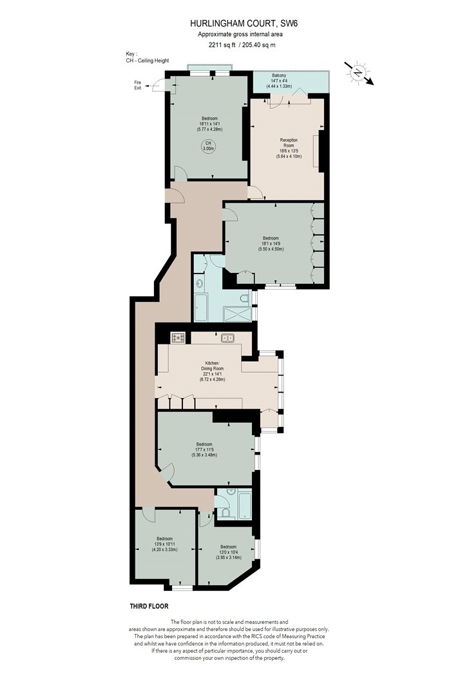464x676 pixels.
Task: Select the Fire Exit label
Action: pyautogui.click(x=137, y=85)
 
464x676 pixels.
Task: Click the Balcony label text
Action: pyautogui.click(x=279, y=75)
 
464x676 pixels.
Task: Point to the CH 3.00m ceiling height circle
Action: pyautogui.click(x=208, y=146)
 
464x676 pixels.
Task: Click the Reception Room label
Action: pyautogui.click(x=289, y=143)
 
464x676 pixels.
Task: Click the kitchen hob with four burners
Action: pyautogui.click(x=178, y=337)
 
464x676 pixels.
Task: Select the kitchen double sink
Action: pyautogui.click(x=227, y=338)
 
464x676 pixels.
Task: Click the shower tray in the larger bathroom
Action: pyautogui.click(x=237, y=314)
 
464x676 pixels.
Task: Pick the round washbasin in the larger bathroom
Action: pyautogui.click(x=200, y=284)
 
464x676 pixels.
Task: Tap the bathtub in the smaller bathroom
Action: pyautogui.click(x=244, y=504)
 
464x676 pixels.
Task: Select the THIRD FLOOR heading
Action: pyautogui.click(x=150, y=606)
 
